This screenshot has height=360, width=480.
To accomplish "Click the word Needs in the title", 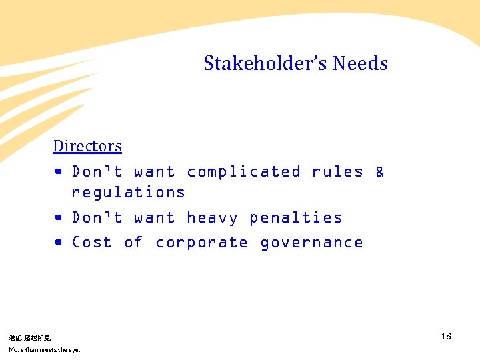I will pyautogui.click(x=360, y=64).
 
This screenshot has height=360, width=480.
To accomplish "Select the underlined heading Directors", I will pyautogui.click(x=87, y=146).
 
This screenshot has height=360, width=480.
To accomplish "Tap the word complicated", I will pyautogui.click(x=243, y=172).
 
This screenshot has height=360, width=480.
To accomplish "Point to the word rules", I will pyautogui.click(x=337, y=172).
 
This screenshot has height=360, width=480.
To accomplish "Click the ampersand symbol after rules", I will pyautogui.click(x=380, y=172).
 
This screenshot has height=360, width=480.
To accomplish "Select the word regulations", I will pyautogui.click(x=128, y=193).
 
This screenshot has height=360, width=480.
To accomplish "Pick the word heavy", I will pyautogui.click(x=212, y=218).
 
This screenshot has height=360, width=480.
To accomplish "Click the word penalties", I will pyautogui.click(x=295, y=218).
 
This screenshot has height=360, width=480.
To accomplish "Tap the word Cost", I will pyautogui.click(x=91, y=243).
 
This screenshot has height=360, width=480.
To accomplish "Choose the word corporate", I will pyautogui.click(x=201, y=243).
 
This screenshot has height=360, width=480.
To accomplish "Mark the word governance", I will pyautogui.click(x=311, y=243).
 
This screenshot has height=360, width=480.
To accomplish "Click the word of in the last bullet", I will pyautogui.click(x=133, y=243).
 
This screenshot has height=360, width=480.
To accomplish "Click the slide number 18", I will pyautogui.click(x=446, y=336).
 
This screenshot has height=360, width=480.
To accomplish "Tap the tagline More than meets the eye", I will pyautogui.click(x=44, y=350).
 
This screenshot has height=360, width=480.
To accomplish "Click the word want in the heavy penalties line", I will pyautogui.click(x=154, y=218).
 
